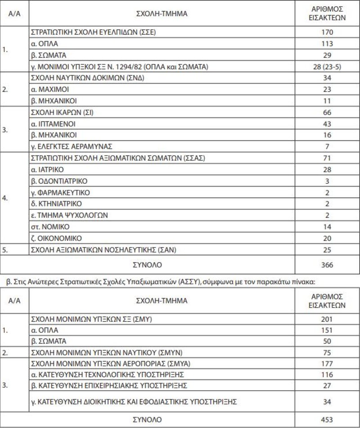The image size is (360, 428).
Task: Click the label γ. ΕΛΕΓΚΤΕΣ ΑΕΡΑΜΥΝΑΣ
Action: [x=71, y=147]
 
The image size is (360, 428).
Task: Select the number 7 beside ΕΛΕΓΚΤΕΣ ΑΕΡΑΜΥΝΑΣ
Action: [x=327, y=147]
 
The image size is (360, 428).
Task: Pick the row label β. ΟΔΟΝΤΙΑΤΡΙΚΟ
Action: [x=59, y=181]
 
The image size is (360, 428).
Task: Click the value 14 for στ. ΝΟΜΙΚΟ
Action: [x=327, y=227]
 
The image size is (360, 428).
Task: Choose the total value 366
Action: [x=327, y=265]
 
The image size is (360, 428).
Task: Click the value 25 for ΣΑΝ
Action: [x=327, y=249]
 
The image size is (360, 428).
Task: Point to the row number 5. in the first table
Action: [x=5, y=249]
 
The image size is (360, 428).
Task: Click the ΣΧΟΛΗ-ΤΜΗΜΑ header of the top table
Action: [x=162, y=13]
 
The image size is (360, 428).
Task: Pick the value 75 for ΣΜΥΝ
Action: [x=327, y=352]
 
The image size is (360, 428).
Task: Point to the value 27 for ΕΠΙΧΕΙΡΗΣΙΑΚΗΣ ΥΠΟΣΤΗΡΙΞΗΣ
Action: [x=327, y=386]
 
